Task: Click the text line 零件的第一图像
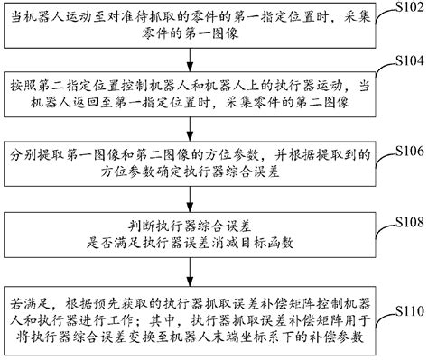coord(189,37)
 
